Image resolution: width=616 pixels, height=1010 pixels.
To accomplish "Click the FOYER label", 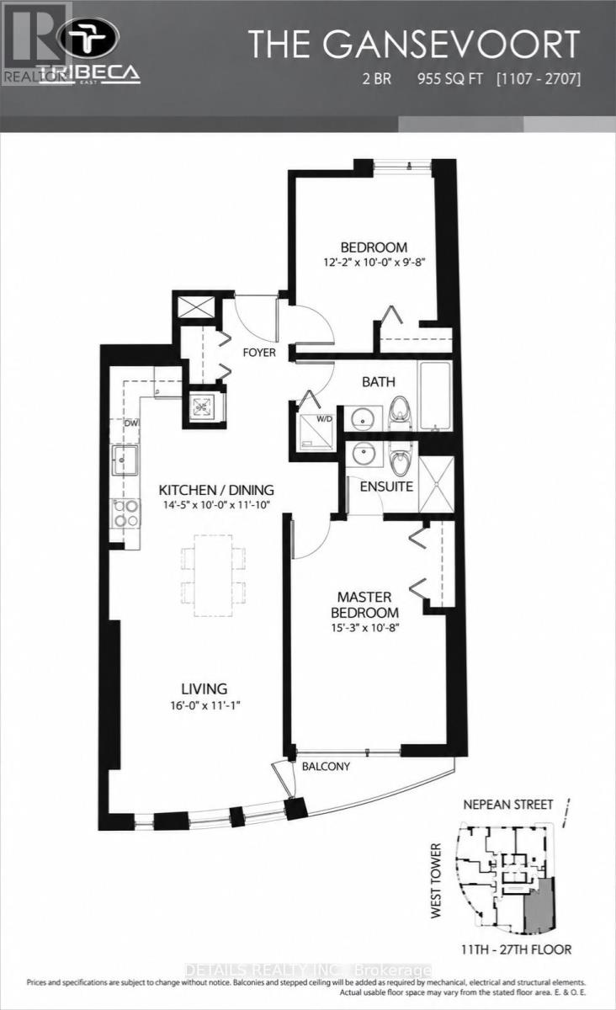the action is pos(259,352).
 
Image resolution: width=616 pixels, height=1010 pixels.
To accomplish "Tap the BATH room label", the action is pos(379,382).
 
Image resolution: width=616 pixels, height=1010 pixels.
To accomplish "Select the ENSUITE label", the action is pos(386,486).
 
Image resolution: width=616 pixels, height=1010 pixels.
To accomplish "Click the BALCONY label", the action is pos(326,766).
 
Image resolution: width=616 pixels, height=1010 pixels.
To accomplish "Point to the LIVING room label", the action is pos(204,689).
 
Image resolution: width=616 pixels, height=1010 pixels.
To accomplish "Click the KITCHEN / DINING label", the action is pos(216,490).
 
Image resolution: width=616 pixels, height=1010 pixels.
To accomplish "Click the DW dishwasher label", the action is pos(131,423).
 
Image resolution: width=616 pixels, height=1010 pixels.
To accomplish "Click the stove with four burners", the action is pos(126,513).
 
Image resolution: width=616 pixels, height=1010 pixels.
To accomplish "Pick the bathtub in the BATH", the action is pos(435,396).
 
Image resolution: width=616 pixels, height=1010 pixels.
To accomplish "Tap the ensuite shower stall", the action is pos(436,484).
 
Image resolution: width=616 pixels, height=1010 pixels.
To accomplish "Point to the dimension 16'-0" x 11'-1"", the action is pos(204,705).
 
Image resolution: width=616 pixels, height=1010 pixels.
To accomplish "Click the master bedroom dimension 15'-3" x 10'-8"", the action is pos(365,628).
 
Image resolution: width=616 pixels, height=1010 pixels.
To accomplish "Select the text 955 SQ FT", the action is pos(450,79).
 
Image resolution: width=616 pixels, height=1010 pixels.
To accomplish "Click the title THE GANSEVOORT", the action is pos(414,44).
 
